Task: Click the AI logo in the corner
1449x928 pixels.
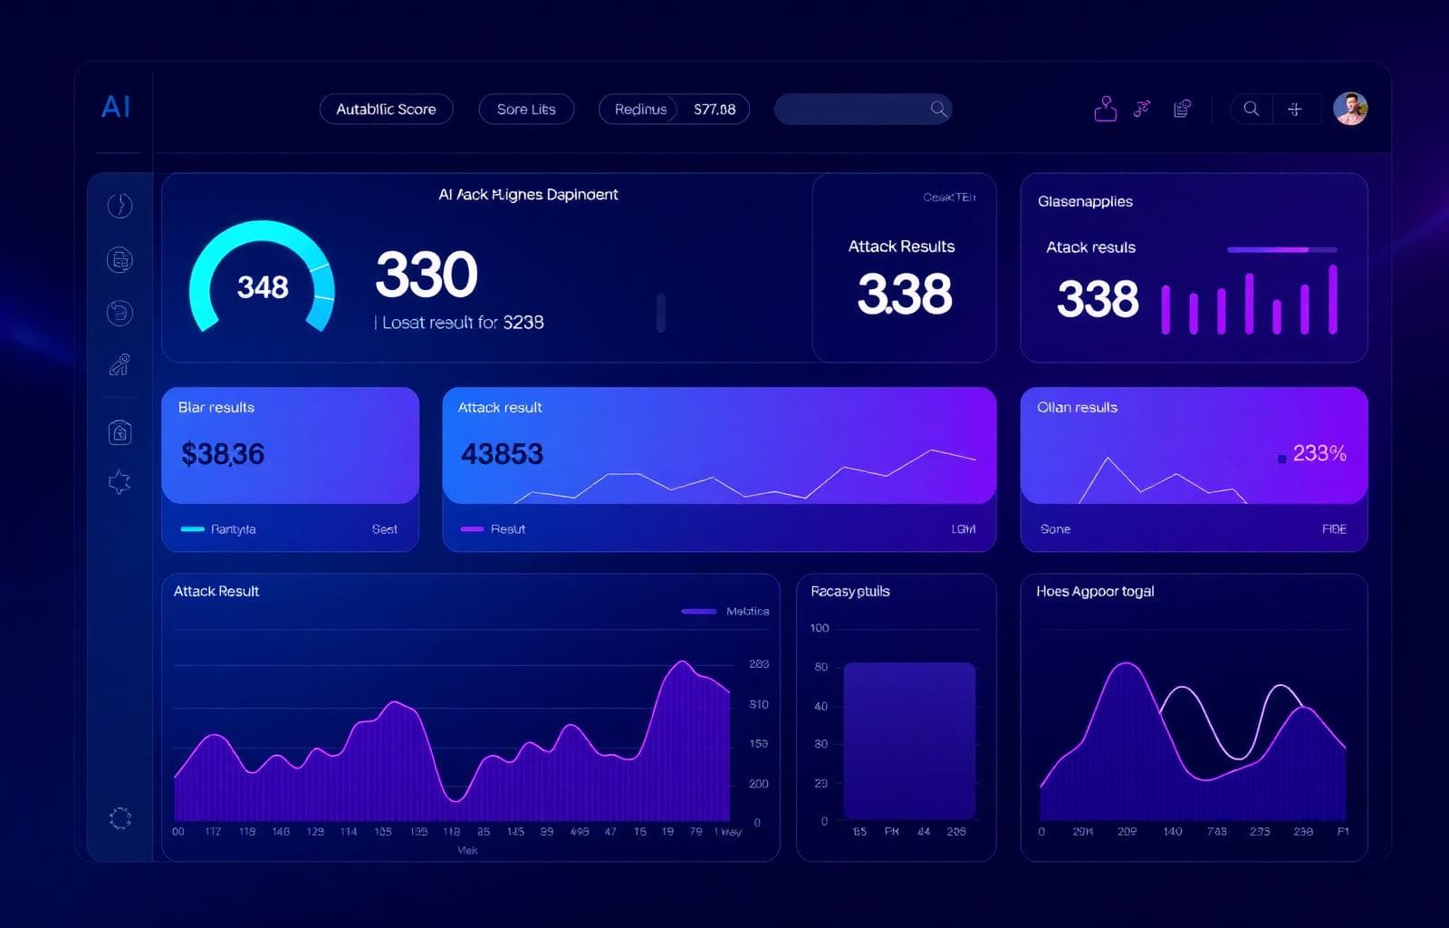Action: pyautogui.click(x=116, y=107)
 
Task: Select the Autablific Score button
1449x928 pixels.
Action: pyautogui.click(x=386, y=109)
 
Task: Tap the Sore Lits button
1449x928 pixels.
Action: pyautogui.click(x=526, y=109)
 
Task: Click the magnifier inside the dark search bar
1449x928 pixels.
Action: pyautogui.click(x=938, y=109)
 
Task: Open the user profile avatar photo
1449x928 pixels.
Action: pyautogui.click(x=1349, y=109)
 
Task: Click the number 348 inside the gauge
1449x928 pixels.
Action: pyautogui.click(x=263, y=287)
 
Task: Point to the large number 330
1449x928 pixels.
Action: pyautogui.click(x=426, y=275)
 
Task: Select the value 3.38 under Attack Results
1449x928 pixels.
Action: pyautogui.click(x=904, y=294)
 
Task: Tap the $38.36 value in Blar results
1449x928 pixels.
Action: pyautogui.click(x=223, y=453)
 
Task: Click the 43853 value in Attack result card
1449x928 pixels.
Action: pyautogui.click(x=502, y=453)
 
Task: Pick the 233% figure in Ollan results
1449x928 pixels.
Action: pyautogui.click(x=1319, y=453)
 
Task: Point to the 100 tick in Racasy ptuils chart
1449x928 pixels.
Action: pyautogui.click(x=820, y=628)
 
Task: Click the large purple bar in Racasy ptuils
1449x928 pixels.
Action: pyautogui.click(x=909, y=739)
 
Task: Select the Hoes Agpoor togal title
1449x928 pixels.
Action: pyautogui.click(x=1095, y=591)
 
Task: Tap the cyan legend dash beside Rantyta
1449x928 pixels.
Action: pyautogui.click(x=192, y=529)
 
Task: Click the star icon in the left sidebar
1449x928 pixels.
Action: pyautogui.click(x=120, y=482)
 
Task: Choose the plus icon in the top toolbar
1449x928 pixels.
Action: pyautogui.click(x=1295, y=109)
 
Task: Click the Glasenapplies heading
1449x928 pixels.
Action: pyautogui.click(x=1085, y=201)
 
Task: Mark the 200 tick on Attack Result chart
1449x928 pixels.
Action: pyautogui.click(x=759, y=784)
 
